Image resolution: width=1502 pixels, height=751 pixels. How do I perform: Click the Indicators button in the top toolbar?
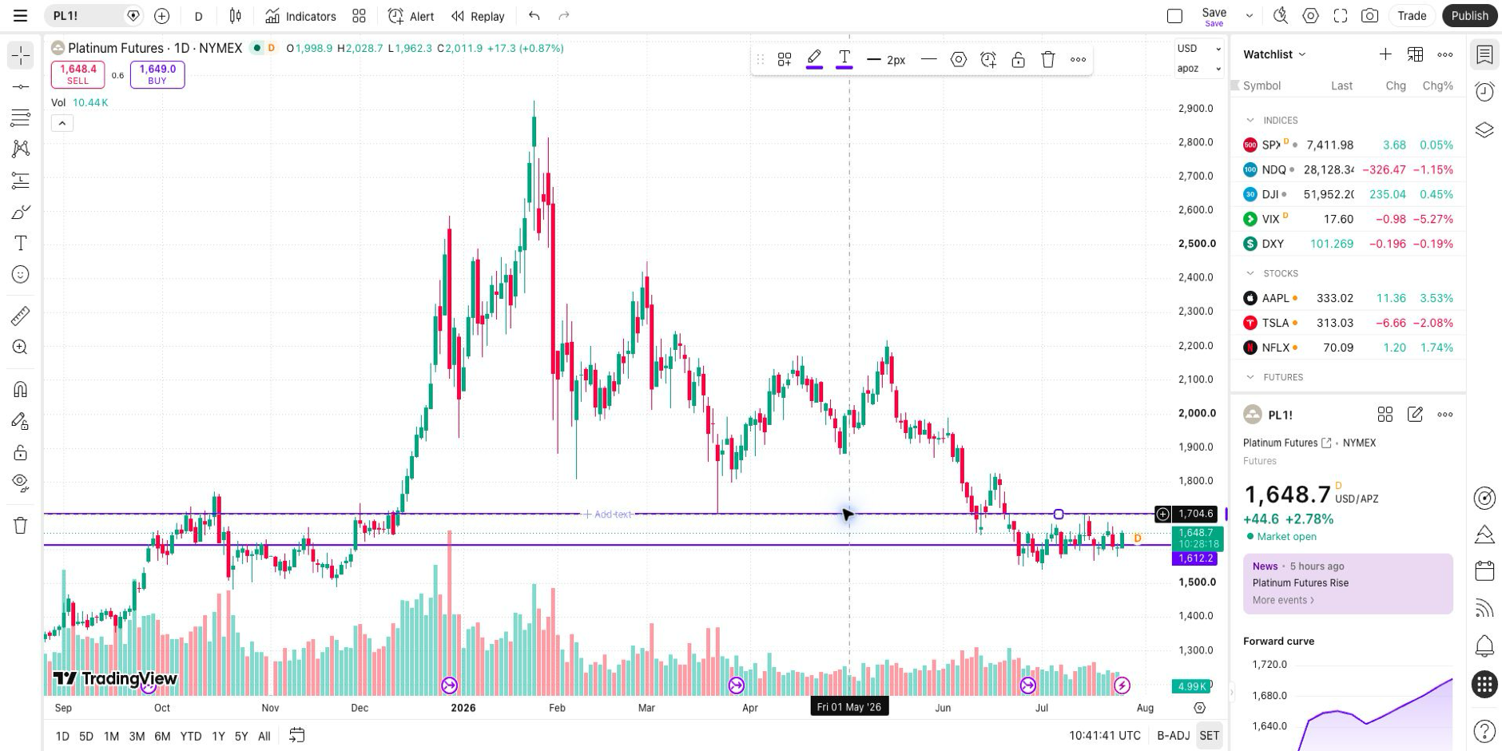click(x=300, y=16)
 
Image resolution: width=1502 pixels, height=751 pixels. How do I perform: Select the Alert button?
click(x=411, y=16)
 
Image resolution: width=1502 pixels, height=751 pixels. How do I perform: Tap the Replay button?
click(x=478, y=16)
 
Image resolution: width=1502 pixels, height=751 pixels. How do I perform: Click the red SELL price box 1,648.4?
click(x=77, y=74)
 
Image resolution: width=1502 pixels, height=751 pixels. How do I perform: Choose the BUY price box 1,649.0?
click(x=157, y=74)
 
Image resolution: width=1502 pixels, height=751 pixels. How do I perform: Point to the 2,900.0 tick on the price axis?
click(x=1195, y=109)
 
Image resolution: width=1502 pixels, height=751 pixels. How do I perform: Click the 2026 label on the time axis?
click(x=463, y=708)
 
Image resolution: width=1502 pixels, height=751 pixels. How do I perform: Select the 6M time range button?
click(x=162, y=736)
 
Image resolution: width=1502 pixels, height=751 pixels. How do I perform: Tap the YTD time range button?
click(x=190, y=736)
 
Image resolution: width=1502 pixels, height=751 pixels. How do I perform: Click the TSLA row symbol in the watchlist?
click(x=1275, y=323)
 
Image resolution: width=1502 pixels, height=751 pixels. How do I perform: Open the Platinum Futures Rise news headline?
click(x=1300, y=582)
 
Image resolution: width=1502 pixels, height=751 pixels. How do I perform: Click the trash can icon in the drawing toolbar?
click(x=1048, y=59)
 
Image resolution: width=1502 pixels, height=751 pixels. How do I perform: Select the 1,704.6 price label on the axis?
click(x=1195, y=514)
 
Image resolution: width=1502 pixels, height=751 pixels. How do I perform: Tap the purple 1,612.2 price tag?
click(x=1194, y=558)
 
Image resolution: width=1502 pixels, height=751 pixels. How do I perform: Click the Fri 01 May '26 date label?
click(x=849, y=707)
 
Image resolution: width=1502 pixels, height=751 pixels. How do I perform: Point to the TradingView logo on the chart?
click(x=115, y=679)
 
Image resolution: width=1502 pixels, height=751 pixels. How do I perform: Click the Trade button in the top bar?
click(x=1412, y=16)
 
